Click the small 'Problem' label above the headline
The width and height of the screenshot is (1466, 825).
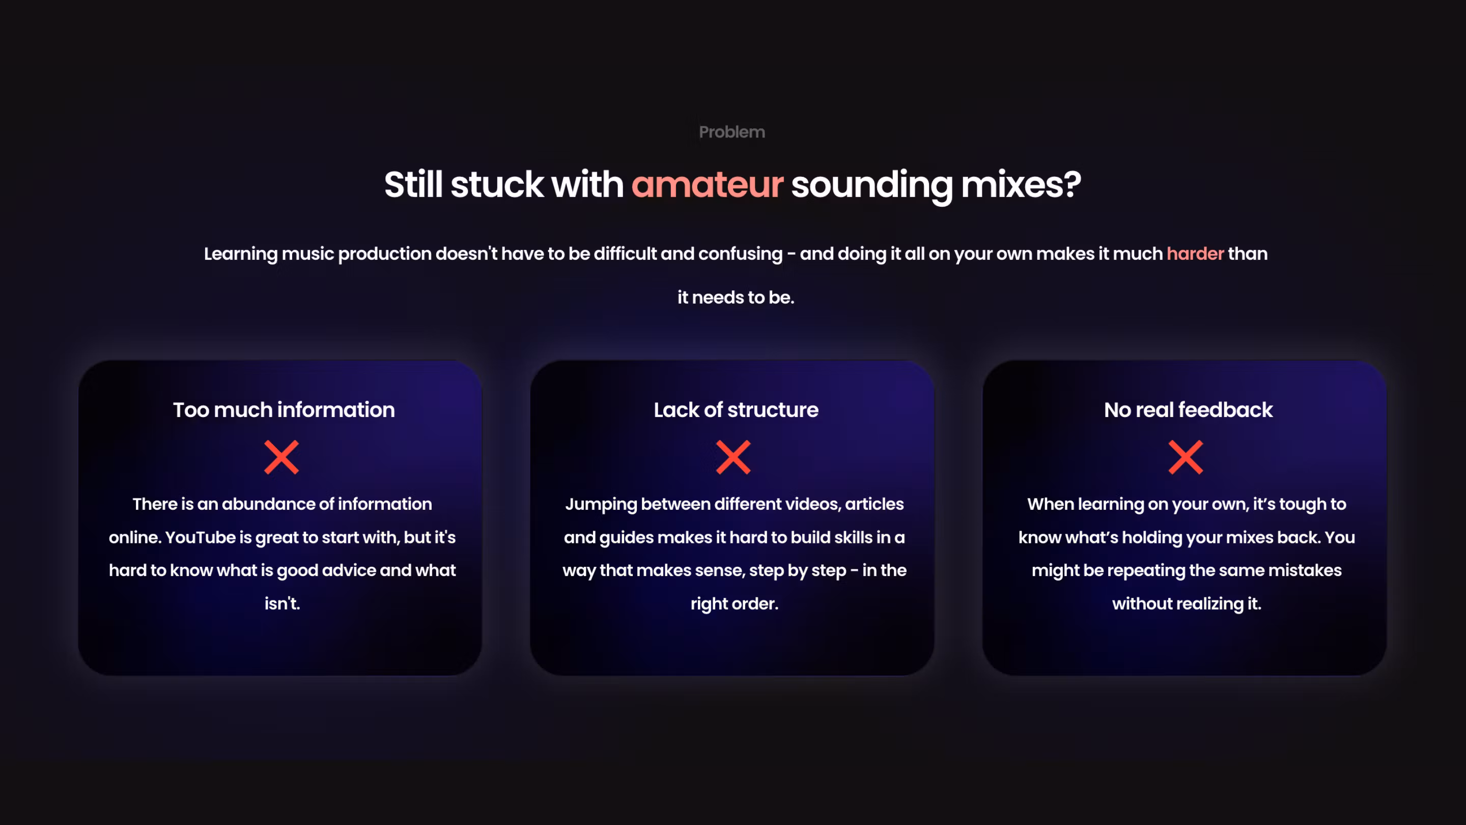click(x=732, y=132)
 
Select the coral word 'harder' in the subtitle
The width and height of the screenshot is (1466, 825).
click(x=1195, y=254)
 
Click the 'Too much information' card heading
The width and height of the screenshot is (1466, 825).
click(x=284, y=410)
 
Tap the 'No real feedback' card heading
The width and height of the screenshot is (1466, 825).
click(x=1188, y=410)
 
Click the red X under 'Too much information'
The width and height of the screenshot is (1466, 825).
click(x=281, y=457)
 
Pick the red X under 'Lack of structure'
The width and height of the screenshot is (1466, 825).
click(x=734, y=457)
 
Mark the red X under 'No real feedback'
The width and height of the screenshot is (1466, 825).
click(x=1186, y=457)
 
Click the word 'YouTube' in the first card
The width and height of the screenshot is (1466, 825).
click(x=201, y=537)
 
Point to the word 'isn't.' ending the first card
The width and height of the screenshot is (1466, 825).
click(x=283, y=603)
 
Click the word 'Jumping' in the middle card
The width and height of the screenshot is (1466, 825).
click(x=601, y=505)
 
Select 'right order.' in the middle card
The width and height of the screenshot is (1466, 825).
click(x=735, y=603)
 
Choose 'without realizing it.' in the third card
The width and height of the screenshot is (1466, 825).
click(x=1187, y=603)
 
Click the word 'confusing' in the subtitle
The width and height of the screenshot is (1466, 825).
click(x=741, y=254)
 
